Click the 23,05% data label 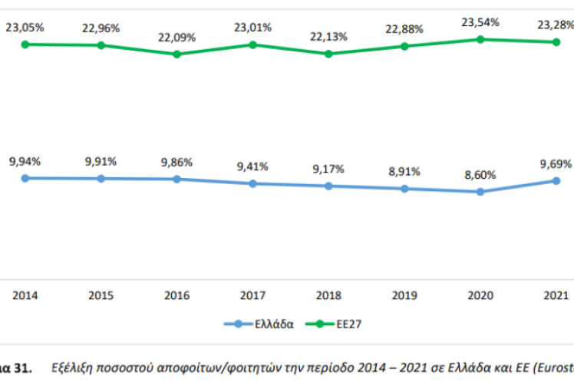point(25,28)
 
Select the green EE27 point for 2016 point(176,54)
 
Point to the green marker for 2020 point(480,39)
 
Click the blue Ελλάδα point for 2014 point(25,178)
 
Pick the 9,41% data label point(252,166)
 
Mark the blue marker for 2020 point(480,192)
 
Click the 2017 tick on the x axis point(252,295)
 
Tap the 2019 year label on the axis point(404,295)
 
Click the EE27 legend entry point(346,324)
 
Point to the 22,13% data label point(328,37)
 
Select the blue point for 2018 point(328,186)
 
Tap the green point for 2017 point(252,44)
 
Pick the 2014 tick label point(25,295)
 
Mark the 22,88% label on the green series point(404,29)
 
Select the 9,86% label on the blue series point(176,163)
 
